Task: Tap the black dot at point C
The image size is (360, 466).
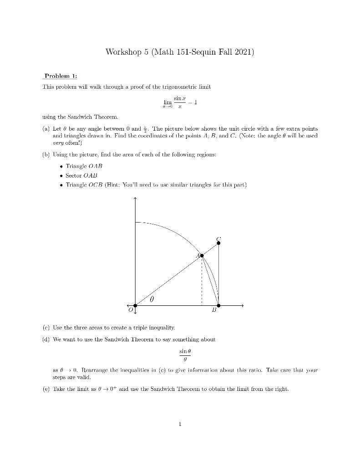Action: (218, 243)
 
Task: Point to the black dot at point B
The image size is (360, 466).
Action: (218, 305)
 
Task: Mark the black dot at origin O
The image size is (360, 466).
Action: (135, 305)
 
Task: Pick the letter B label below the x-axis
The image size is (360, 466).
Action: (214, 312)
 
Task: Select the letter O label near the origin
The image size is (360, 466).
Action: (130, 311)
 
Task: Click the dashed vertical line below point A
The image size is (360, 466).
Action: (202, 282)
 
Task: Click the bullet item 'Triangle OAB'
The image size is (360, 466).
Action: (82, 167)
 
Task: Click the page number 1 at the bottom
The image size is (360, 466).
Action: (180, 424)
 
